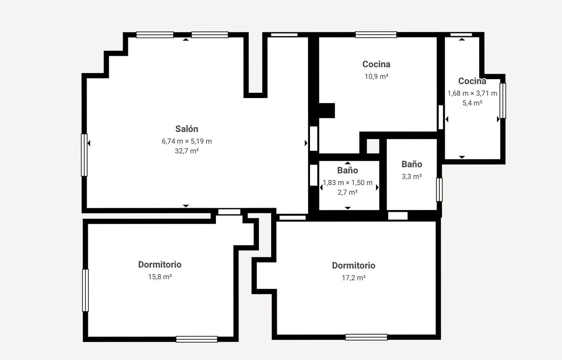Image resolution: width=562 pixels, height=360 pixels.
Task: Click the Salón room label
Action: tap(187, 129)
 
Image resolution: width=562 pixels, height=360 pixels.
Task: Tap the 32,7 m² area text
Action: tap(187, 151)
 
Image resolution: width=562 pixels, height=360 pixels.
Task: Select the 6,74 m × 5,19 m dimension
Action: tap(187, 141)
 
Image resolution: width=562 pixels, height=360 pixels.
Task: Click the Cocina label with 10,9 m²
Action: tap(376, 64)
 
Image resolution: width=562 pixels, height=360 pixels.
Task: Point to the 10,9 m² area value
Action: tap(376, 76)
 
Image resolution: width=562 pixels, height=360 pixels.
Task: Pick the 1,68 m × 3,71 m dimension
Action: tap(472, 93)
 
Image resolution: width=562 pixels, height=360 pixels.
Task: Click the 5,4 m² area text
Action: tap(472, 103)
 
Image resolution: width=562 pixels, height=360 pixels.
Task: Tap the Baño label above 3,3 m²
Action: tap(412, 165)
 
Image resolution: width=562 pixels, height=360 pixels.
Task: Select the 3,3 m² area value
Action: tap(412, 177)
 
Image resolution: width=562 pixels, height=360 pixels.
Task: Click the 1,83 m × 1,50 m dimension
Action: tap(348, 183)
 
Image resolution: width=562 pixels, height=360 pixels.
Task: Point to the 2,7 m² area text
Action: tap(348, 192)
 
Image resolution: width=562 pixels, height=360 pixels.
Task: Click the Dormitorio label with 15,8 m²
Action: tap(160, 265)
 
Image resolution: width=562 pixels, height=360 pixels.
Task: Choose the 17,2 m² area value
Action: tap(354, 277)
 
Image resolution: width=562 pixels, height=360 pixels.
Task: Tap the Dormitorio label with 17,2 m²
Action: tap(354, 266)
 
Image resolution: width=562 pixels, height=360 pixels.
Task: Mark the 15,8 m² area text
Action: tap(160, 277)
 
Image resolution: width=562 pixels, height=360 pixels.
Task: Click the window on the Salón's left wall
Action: tap(84, 155)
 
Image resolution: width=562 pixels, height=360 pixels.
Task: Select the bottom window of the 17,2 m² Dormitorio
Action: tap(366, 337)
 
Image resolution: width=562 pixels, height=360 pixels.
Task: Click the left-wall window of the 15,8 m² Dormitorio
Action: tap(85, 290)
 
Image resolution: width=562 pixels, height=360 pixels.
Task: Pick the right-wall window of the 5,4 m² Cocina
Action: tap(503, 100)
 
